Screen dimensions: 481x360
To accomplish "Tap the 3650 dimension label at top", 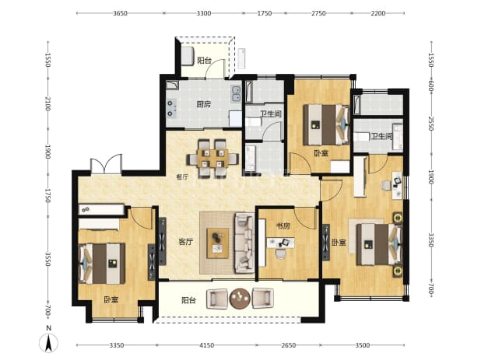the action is [120, 13].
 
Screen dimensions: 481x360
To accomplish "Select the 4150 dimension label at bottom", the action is [207, 345].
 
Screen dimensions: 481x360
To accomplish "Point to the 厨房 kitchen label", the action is [204, 104].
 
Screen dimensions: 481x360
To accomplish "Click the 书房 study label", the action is [283, 226].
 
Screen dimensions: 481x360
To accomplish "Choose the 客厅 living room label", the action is [186, 242].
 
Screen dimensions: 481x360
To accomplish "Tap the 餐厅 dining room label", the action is [182, 177].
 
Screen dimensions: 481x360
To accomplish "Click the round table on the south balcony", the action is [240, 299].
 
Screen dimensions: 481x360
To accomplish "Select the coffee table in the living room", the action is [218, 243].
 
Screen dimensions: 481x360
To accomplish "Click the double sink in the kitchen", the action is [236, 93].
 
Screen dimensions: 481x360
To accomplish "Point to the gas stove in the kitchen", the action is [171, 108].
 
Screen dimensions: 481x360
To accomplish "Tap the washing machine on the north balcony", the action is [187, 55].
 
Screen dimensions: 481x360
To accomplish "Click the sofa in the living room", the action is [244, 243].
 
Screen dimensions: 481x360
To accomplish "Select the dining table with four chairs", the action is [212, 159].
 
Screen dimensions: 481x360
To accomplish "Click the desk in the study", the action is [280, 243].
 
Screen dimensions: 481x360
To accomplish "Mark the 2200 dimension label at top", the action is [378, 13].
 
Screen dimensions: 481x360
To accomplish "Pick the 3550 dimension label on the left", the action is [47, 259].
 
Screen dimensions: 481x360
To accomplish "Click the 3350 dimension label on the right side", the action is [431, 240].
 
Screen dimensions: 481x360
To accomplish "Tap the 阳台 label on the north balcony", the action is [204, 61].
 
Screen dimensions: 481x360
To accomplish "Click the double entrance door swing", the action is [106, 165].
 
